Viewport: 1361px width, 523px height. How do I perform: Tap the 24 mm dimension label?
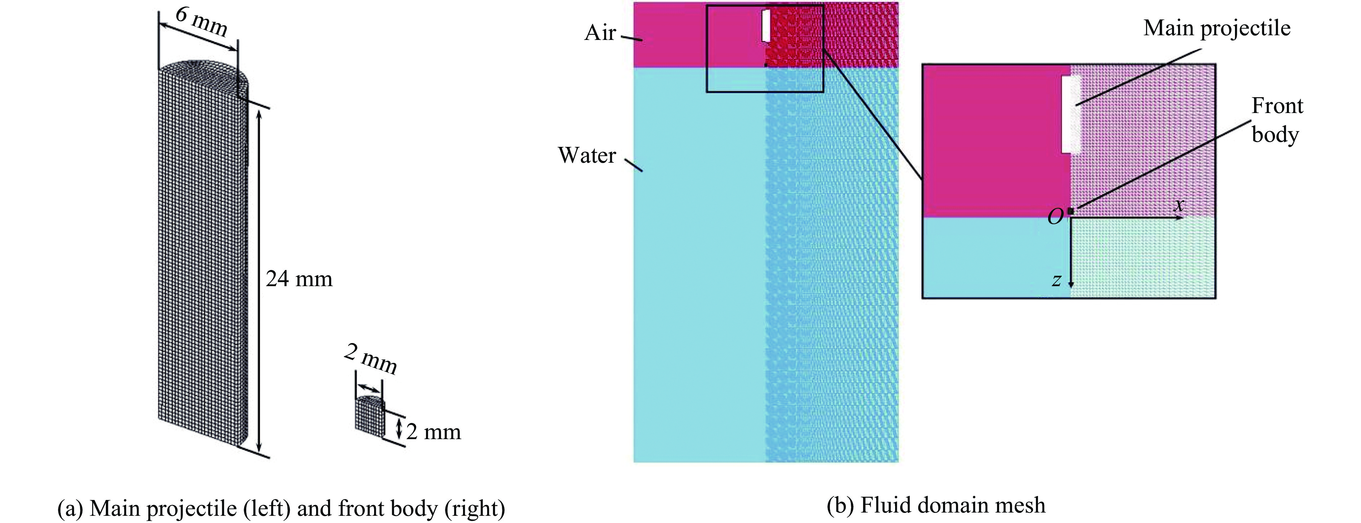299,279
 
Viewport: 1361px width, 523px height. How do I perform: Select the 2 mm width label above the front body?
370,358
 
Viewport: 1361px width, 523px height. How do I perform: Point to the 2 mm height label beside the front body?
433,432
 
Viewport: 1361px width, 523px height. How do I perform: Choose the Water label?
587,155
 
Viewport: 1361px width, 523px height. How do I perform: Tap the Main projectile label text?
1216,28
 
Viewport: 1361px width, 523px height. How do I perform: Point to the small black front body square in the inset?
1070,211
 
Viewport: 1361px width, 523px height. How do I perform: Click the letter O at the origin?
1055,217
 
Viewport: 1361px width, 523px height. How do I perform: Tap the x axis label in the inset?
1179,204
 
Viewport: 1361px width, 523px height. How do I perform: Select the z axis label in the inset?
1056,280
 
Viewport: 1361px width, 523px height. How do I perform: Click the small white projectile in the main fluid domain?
765,25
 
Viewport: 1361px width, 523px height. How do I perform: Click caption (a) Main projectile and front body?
281,509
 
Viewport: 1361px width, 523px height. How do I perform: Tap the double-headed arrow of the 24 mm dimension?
259,279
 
